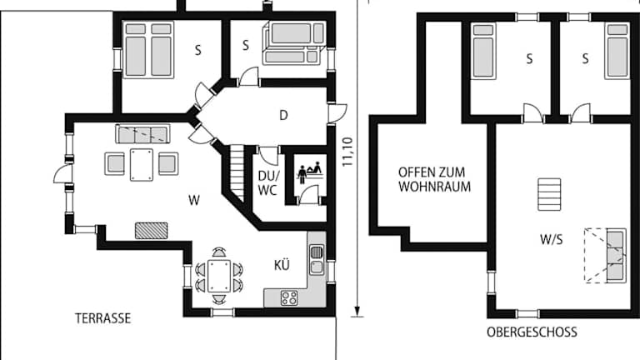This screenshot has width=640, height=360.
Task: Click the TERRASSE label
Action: (x=102, y=318)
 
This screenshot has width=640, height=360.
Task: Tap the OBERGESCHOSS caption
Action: (x=532, y=332)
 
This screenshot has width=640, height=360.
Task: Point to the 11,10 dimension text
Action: (x=347, y=152)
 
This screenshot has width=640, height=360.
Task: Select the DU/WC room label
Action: (x=268, y=183)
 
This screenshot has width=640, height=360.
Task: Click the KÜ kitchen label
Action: (x=282, y=265)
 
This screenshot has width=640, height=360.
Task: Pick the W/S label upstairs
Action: (x=552, y=239)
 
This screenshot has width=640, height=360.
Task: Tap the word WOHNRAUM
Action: (x=435, y=187)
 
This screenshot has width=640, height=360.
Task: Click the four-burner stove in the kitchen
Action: (x=289, y=298)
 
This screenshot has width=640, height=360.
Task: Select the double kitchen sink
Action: (x=317, y=260)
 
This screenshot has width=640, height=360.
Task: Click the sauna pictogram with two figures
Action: (x=310, y=172)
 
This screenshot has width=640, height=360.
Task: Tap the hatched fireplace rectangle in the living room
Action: (x=151, y=231)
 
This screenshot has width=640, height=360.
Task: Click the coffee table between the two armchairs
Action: (x=142, y=165)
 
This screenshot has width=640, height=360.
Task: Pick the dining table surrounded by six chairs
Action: (x=219, y=276)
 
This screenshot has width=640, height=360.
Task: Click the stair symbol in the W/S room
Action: (x=549, y=194)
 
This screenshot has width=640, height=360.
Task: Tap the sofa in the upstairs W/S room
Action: (x=616, y=256)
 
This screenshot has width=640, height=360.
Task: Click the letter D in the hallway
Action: (x=283, y=116)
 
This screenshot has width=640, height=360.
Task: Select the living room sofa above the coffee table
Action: (x=142, y=134)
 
